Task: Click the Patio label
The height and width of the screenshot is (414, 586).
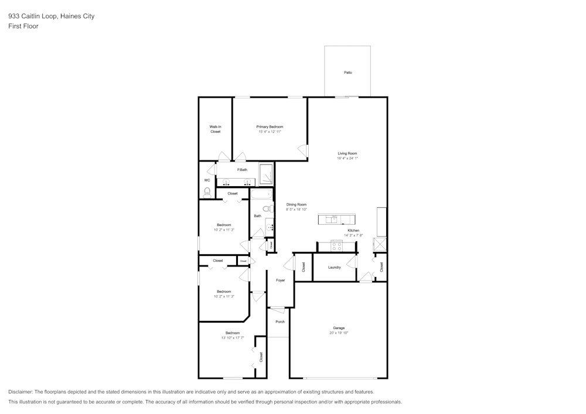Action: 347,72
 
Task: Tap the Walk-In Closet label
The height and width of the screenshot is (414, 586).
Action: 215,129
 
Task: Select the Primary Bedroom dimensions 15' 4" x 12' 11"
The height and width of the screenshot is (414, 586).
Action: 270,132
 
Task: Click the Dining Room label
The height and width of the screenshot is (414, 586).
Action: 297,204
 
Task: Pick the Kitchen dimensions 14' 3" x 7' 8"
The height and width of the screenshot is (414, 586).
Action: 353,235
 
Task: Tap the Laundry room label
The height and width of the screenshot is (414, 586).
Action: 335,268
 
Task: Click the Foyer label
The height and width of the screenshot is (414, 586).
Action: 281,280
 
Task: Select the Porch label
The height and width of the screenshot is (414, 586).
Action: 280,321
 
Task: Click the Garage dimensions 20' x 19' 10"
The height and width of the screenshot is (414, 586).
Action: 339,333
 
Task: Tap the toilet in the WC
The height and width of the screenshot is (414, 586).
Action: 207,191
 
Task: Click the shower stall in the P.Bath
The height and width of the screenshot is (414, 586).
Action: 266,174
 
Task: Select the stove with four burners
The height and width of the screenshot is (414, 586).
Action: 336,246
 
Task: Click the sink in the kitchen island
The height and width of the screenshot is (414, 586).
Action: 333,220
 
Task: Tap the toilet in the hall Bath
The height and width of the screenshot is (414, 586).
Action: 267,208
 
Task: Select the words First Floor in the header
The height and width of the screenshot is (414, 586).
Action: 23,26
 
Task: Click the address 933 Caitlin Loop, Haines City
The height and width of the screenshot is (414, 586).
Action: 51,16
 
